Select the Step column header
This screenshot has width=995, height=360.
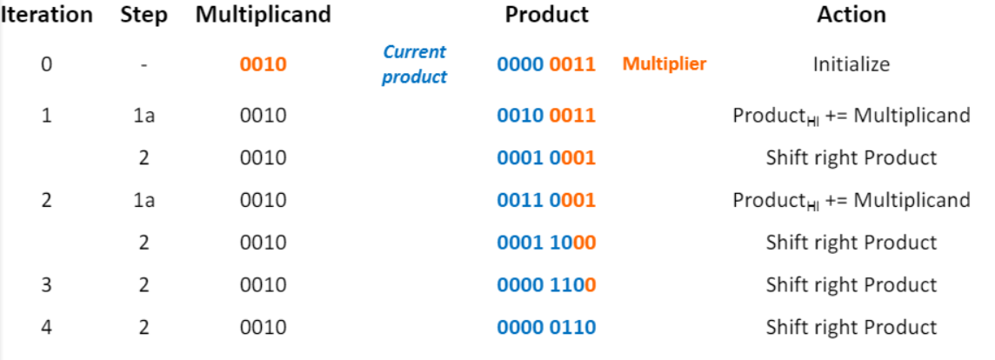pyautogui.click(x=144, y=16)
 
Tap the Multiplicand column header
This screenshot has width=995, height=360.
pyautogui.click(x=263, y=15)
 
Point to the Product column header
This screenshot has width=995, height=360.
pyautogui.click(x=546, y=15)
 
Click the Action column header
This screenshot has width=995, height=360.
pyautogui.click(x=851, y=15)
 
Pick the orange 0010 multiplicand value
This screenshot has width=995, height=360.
pyautogui.click(x=263, y=65)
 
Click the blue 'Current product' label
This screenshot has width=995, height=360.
pyautogui.click(x=415, y=64)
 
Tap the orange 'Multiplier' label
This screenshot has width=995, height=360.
pyautogui.click(x=664, y=64)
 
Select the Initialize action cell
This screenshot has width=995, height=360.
pyautogui.click(x=851, y=65)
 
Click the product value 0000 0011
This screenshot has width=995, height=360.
pyautogui.click(x=546, y=65)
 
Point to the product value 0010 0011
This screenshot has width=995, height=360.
pyautogui.click(x=546, y=115)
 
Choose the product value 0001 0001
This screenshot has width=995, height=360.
pyautogui.click(x=546, y=157)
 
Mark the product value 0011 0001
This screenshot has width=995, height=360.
pyautogui.click(x=546, y=200)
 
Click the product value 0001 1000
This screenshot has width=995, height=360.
pyautogui.click(x=546, y=243)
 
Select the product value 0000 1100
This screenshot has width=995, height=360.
pyautogui.click(x=546, y=285)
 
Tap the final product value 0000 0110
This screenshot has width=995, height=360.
pyautogui.click(x=546, y=328)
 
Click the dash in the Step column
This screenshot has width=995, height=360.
pyautogui.click(x=144, y=65)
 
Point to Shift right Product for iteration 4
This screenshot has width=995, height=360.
pyautogui.click(x=851, y=328)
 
